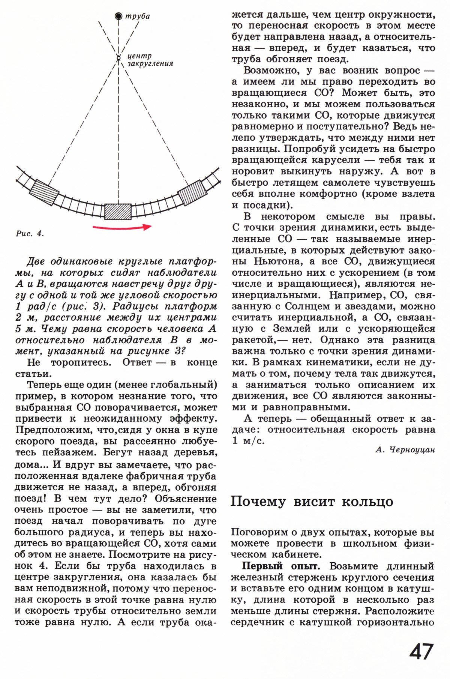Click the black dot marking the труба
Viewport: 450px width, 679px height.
[x=118, y=16]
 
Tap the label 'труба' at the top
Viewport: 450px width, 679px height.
[x=138, y=16]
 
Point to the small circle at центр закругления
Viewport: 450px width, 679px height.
[x=118, y=58]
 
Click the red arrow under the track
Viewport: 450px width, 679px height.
[x=122, y=227]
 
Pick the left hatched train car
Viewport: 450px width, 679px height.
[x=44, y=192]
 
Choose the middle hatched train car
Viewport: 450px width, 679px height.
[x=118, y=212]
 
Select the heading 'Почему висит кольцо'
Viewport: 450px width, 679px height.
[x=312, y=502]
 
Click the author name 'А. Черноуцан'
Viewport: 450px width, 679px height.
[x=405, y=450]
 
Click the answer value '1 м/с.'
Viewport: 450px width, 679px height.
[x=248, y=441]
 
